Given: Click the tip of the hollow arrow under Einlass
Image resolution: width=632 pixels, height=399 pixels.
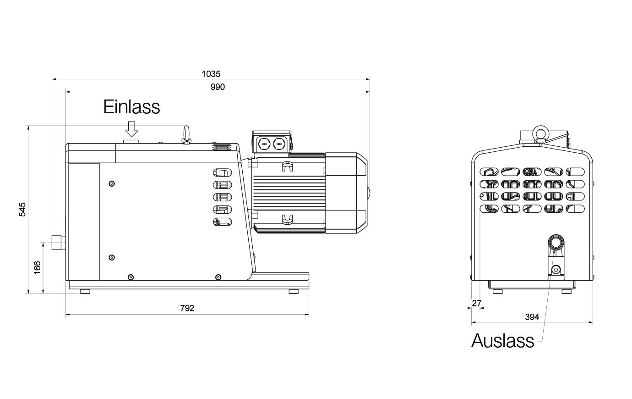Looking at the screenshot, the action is tap(131, 137).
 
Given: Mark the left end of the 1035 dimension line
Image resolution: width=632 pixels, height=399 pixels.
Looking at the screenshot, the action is tap(52, 79).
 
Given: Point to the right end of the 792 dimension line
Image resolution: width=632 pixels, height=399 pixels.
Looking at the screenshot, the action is tap(309, 314).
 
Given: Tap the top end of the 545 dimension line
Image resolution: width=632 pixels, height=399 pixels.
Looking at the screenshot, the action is tap(28, 126).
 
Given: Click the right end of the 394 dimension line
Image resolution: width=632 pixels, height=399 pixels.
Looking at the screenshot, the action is tap(593, 322).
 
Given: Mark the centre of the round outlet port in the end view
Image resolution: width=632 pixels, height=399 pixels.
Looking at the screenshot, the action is tap(556, 243).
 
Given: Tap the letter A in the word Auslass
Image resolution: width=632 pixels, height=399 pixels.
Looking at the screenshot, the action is tap(478, 340).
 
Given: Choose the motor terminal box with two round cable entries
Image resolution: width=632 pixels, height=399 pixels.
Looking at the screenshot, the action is tap(272, 144).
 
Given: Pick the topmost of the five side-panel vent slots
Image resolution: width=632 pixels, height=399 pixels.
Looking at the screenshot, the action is tap(222, 172).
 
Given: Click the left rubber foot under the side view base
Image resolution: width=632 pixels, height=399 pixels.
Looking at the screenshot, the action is tap(85, 291).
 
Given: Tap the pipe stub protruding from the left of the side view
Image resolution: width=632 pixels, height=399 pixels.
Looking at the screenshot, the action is tap(59, 243).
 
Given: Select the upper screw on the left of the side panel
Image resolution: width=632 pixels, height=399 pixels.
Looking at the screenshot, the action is tap(112, 183).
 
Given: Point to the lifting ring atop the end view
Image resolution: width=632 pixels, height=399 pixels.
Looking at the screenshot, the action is tap(540, 133).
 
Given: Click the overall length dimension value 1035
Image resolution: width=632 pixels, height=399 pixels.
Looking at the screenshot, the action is tap(211, 74).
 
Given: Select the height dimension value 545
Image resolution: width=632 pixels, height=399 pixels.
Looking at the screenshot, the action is tap(22, 210).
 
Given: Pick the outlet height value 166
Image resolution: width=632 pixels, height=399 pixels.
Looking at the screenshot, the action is tap(37, 267).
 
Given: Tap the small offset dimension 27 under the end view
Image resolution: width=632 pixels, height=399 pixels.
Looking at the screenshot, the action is tap(477, 303).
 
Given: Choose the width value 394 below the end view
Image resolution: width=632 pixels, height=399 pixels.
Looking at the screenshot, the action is tap(532, 317).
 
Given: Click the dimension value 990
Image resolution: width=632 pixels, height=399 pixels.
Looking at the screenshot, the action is tap(218, 87).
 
